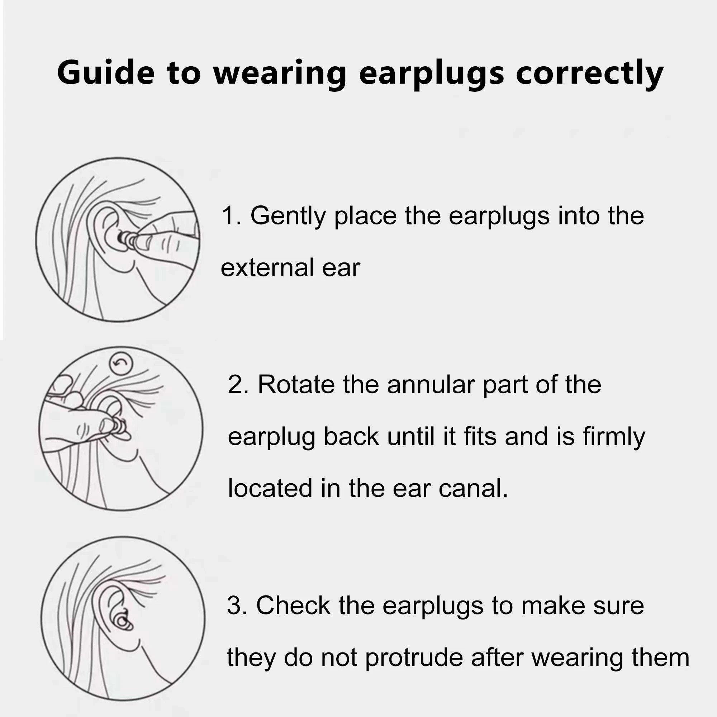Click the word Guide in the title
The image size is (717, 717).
click(x=105, y=73)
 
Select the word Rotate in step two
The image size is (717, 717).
click(x=296, y=384)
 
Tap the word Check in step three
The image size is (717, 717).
click(x=293, y=606)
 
